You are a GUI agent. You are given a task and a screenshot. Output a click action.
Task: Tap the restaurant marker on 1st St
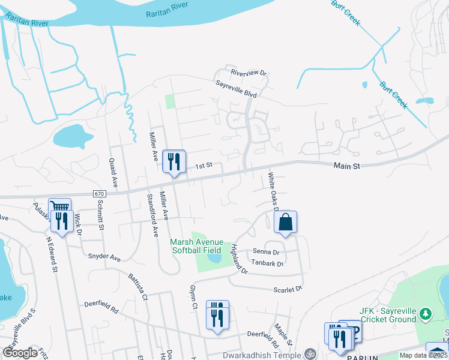click(x=174, y=161)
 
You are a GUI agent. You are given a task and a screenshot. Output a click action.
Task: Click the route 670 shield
click(x=99, y=194)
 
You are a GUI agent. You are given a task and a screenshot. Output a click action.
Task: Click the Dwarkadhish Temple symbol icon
click(x=310, y=353)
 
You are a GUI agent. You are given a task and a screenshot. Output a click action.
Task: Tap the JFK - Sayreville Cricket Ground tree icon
click(x=426, y=313)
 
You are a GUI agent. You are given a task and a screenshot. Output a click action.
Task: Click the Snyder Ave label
click(x=104, y=259)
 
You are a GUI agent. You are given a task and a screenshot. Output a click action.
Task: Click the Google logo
click(x=20, y=353)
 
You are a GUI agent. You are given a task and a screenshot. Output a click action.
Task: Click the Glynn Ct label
click(x=194, y=296)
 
